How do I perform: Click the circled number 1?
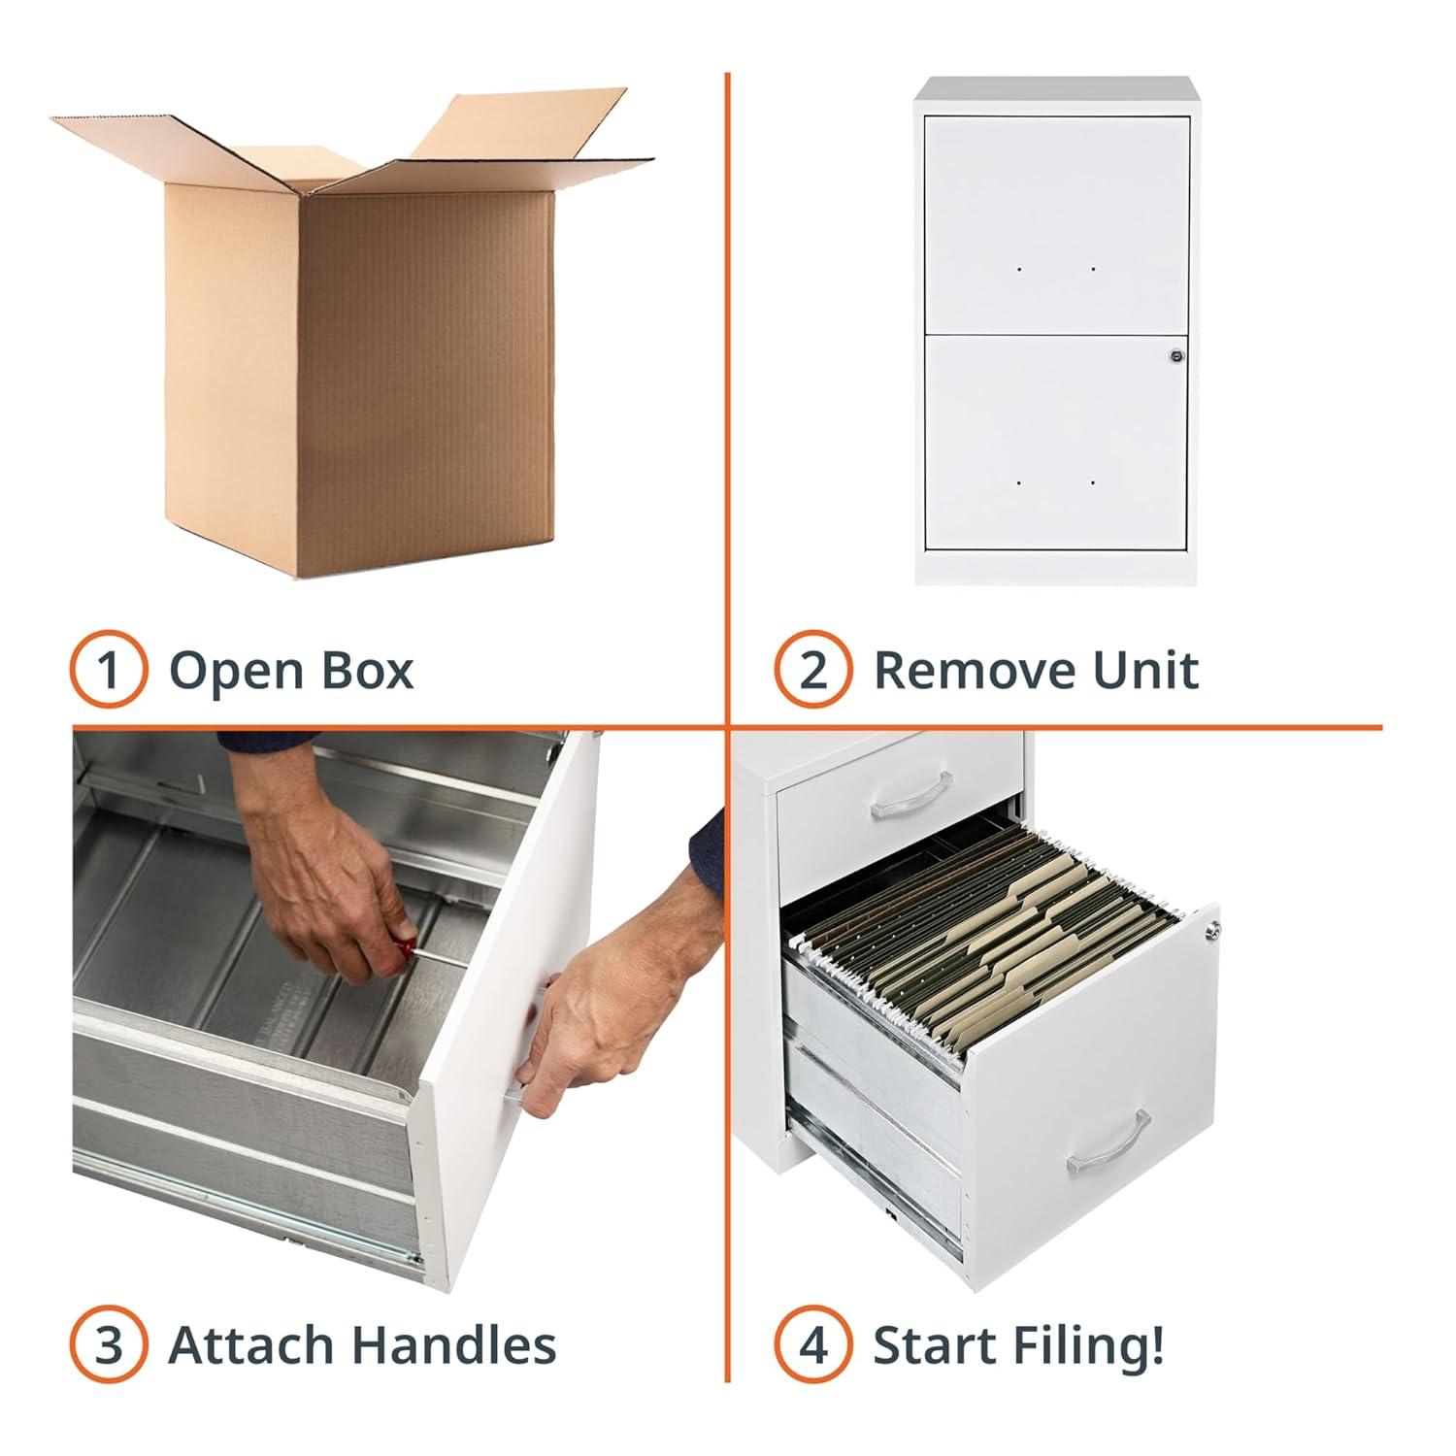109,670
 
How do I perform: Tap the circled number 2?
813,670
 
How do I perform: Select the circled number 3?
109,1345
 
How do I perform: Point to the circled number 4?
813,1345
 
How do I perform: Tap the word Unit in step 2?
1145,670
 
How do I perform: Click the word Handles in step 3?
453,1345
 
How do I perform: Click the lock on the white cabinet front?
1176,356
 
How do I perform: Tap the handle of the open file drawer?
1109,1143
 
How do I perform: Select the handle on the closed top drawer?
911,795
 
